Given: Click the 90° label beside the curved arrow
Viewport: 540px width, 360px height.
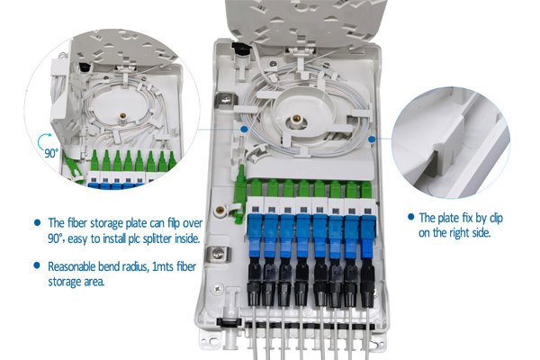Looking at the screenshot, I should pyautogui.click(x=52, y=153).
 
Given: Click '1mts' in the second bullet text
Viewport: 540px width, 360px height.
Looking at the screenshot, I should pyautogui.click(x=164, y=266).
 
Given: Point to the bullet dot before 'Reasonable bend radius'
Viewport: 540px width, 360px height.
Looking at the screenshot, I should pyautogui.click(x=37, y=266).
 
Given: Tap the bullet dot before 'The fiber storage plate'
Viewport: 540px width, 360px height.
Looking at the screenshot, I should pyautogui.click(x=37, y=222).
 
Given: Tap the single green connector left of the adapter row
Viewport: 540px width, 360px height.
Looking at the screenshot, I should pyautogui.click(x=242, y=175).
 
